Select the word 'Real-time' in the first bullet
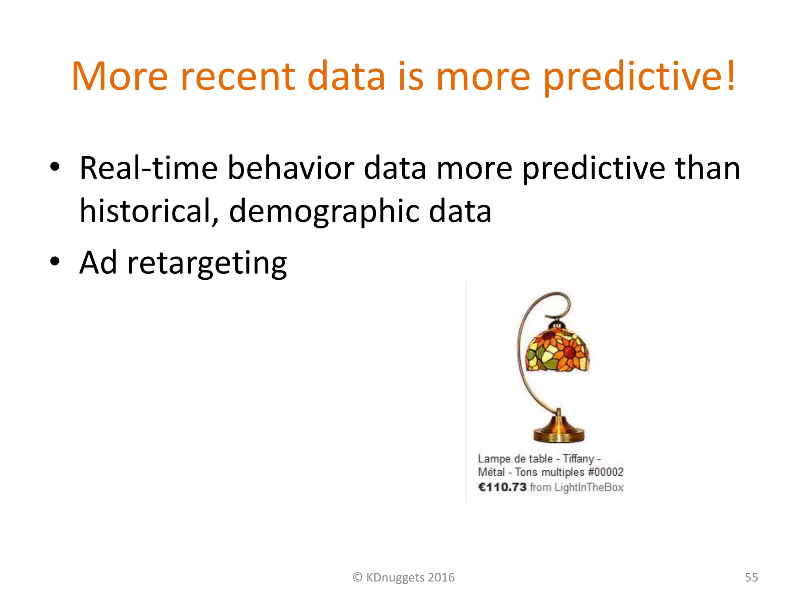point(149,168)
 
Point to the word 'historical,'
point(149,212)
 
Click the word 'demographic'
point(324,212)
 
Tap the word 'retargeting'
point(207,263)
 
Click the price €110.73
point(502,487)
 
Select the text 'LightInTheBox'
point(589,488)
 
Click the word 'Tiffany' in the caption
point(578,458)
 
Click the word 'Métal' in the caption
point(491,472)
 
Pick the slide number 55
point(751,577)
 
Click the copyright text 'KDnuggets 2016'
point(410,577)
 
